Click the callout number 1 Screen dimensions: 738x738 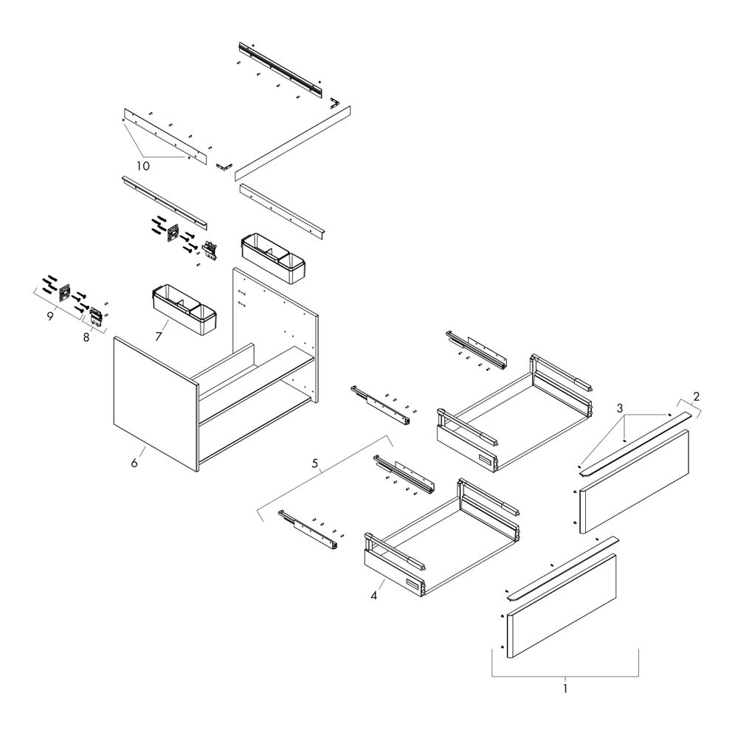pyautogui.click(x=565, y=689)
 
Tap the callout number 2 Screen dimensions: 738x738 pyautogui.click(x=696, y=396)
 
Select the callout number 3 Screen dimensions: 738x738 pyautogui.click(x=620, y=407)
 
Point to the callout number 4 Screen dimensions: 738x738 pyautogui.click(x=373, y=596)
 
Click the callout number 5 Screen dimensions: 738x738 pyautogui.click(x=315, y=463)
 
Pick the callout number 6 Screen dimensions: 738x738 pyautogui.click(x=134, y=463)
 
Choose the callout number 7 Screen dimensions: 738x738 pyautogui.click(x=158, y=336)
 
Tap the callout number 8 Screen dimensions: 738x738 pyautogui.click(x=86, y=337)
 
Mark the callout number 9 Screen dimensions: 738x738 pyautogui.click(x=50, y=317)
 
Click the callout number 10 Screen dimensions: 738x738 pyautogui.click(x=143, y=166)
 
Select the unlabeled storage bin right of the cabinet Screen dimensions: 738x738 pyautogui.click(x=273, y=258)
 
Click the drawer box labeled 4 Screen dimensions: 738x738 pyautogui.click(x=442, y=537)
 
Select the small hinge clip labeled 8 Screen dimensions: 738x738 pyautogui.click(x=96, y=315)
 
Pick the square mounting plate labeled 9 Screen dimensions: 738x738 pyautogui.click(x=64, y=292)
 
